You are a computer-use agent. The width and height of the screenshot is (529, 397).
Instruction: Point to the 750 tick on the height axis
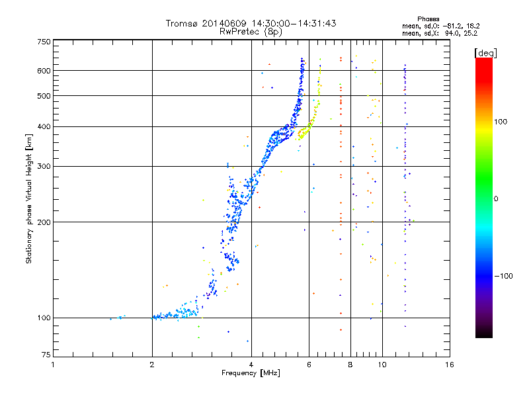click(x=44, y=42)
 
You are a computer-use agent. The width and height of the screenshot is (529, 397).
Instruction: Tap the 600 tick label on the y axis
click(x=44, y=70)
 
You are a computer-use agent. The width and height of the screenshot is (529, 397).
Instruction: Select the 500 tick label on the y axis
click(x=44, y=96)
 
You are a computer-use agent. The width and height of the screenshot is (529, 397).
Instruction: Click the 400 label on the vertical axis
click(x=44, y=126)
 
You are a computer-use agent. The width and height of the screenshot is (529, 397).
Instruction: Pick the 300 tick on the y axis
click(x=44, y=166)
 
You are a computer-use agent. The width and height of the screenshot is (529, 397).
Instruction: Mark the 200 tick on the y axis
click(x=44, y=222)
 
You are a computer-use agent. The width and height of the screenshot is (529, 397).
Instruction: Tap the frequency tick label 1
click(x=53, y=365)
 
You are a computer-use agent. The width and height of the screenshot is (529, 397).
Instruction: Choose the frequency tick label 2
click(x=152, y=365)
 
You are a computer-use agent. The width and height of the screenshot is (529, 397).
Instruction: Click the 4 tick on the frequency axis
click(x=251, y=365)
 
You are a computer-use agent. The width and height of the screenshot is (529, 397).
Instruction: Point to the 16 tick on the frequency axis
click(x=450, y=365)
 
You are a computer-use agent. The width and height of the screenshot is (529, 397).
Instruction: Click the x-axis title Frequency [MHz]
click(x=251, y=374)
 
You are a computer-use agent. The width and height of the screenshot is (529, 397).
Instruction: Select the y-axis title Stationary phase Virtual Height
click(x=29, y=198)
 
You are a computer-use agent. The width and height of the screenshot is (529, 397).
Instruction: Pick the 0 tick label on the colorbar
click(x=497, y=198)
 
